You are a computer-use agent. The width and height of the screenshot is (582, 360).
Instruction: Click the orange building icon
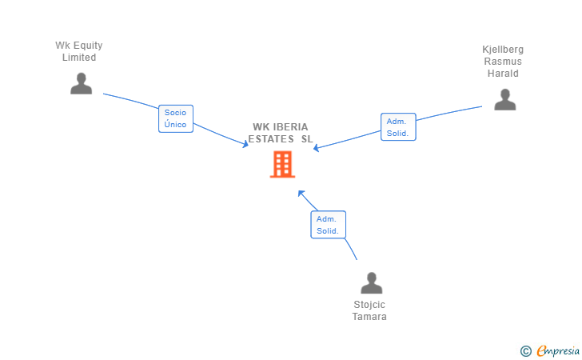(282, 164)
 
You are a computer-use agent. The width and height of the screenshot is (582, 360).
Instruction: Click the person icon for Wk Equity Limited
(81, 83)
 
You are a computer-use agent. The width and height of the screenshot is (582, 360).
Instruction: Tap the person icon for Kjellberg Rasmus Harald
(504, 99)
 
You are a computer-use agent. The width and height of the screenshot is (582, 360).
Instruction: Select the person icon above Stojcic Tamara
(371, 283)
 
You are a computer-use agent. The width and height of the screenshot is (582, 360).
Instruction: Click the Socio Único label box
(175, 118)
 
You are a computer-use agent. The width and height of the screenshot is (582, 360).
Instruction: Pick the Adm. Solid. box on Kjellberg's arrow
(397, 126)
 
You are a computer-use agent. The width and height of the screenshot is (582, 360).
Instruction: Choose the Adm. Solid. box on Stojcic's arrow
(328, 225)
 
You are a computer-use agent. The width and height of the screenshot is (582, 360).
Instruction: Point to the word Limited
(79, 58)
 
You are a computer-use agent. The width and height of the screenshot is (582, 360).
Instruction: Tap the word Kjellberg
(503, 50)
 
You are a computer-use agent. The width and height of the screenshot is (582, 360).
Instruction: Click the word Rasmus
(503, 62)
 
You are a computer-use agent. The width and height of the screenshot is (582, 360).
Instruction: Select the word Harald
(503, 74)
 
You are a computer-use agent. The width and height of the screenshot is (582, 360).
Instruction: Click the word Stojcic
(369, 305)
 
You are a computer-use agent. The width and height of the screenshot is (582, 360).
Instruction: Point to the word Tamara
(369, 317)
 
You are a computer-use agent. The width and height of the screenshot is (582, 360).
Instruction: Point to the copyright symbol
(525, 350)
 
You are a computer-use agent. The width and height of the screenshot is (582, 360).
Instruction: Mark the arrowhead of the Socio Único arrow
(247, 145)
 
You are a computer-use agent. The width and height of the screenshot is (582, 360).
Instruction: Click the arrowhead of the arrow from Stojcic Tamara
(301, 192)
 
